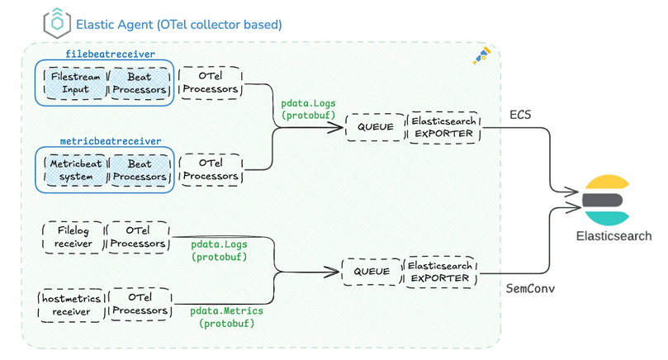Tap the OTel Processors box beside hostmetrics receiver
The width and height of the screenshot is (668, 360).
(x=139, y=304)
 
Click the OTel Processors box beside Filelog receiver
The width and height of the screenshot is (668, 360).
(x=139, y=236)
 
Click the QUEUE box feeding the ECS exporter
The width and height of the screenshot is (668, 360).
(x=376, y=126)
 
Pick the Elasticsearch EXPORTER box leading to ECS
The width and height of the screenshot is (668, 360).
(x=443, y=126)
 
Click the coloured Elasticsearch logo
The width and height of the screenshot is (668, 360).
(x=612, y=201)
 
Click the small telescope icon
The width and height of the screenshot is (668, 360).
(x=481, y=55)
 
